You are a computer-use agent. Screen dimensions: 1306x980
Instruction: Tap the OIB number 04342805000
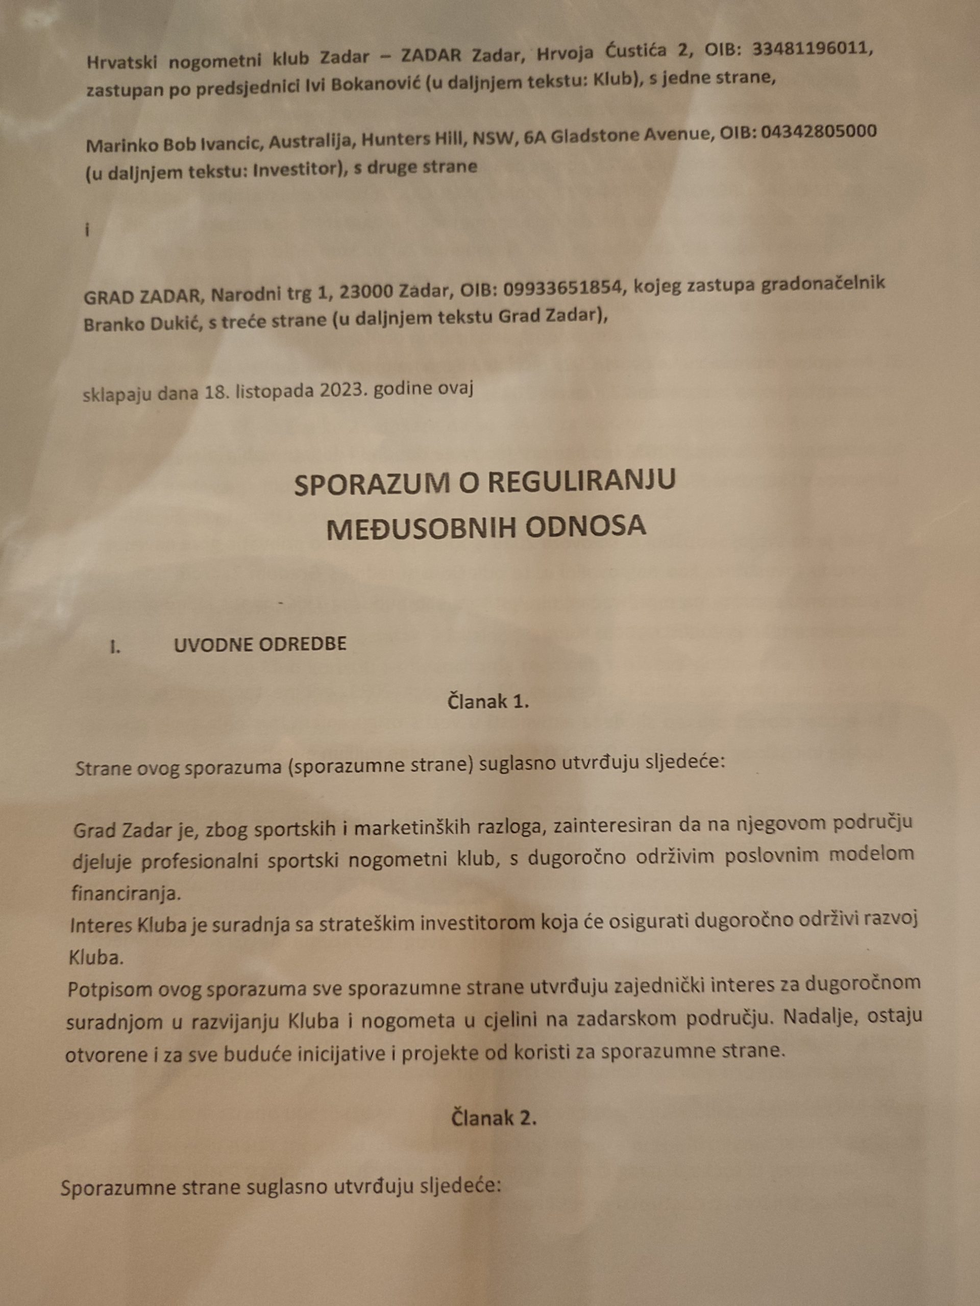pyautogui.click(x=818, y=132)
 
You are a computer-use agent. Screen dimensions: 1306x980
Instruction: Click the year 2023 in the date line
pyautogui.click(x=338, y=391)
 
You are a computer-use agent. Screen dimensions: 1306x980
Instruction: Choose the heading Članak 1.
pyautogui.click(x=487, y=701)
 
